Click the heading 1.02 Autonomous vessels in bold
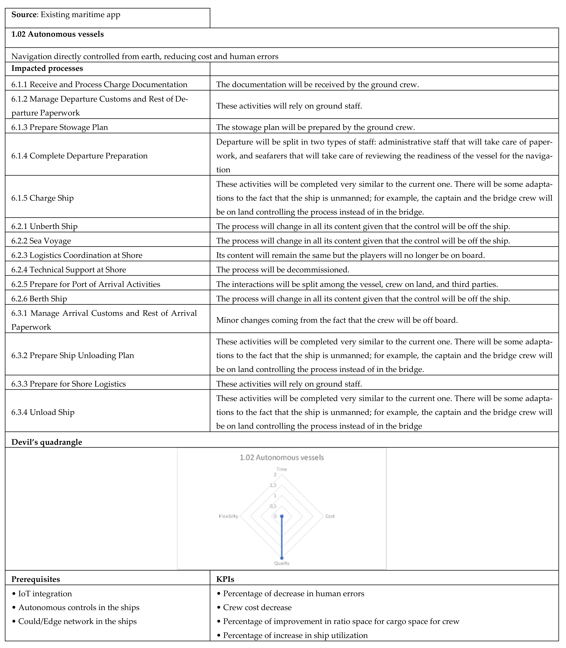pyautogui.click(x=57, y=34)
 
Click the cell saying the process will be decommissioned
pyautogui.click(x=283, y=270)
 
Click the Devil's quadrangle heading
pyautogui.click(x=47, y=442)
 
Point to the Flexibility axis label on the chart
pyautogui.click(x=228, y=516)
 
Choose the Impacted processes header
pyautogui.click(x=47, y=68)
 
